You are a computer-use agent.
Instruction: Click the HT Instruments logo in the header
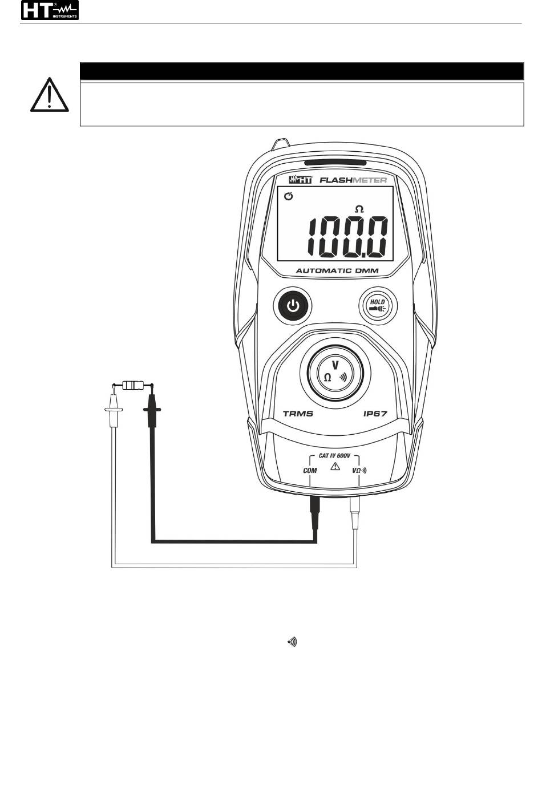[50, 10]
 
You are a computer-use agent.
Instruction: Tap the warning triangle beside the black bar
[50, 95]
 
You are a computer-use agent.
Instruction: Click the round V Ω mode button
[336, 373]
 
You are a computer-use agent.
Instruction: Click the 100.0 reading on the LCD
[348, 237]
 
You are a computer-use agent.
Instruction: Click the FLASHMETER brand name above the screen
[353, 180]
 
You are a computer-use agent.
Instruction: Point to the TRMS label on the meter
[298, 413]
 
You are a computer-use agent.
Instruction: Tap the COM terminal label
[309, 471]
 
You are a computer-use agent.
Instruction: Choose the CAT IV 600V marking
[335, 457]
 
